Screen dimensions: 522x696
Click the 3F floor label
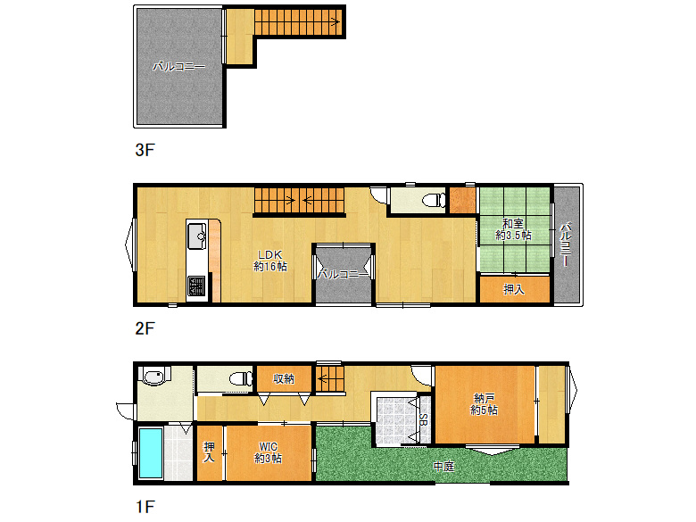pos(145,150)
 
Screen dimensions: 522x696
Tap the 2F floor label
pos(145,327)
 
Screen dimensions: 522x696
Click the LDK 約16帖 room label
pos(270,260)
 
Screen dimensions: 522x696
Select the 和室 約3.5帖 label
pos(515,229)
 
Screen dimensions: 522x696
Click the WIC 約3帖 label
pos(269,452)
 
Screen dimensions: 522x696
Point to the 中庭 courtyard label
pos(443,466)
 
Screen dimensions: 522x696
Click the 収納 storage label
pos(284,378)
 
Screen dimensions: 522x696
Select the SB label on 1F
pos(423,419)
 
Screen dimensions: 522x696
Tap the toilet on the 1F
pos(239,378)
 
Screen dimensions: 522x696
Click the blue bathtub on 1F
pos(150,452)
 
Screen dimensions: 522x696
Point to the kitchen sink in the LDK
pos(195,238)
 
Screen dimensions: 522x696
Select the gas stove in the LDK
pos(195,286)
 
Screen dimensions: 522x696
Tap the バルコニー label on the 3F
pos(178,66)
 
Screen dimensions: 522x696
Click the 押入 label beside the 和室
pos(513,289)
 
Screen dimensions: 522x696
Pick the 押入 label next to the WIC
pos(210,452)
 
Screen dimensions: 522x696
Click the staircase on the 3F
pos(298,21)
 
